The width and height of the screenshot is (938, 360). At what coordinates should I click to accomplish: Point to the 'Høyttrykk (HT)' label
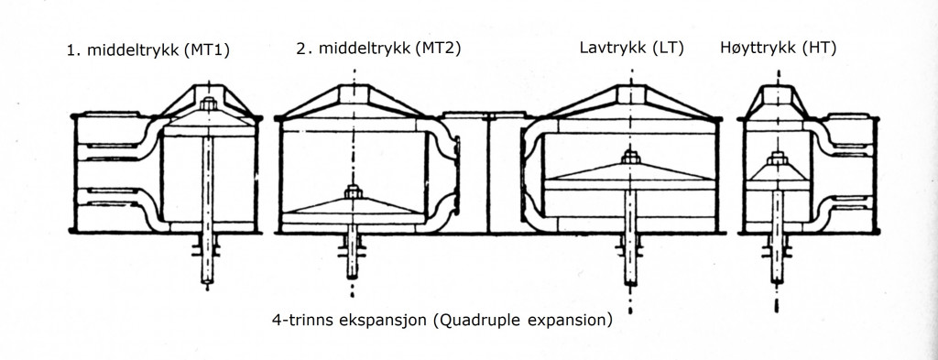[x=778, y=48]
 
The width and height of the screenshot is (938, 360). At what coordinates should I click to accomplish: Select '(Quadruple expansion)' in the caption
[x=522, y=322]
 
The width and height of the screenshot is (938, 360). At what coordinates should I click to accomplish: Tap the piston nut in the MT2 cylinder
[x=353, y=192]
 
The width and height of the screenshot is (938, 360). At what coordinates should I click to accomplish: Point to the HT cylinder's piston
[x=775, y=173]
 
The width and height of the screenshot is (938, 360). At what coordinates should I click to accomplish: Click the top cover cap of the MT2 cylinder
[x=353, y=95]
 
